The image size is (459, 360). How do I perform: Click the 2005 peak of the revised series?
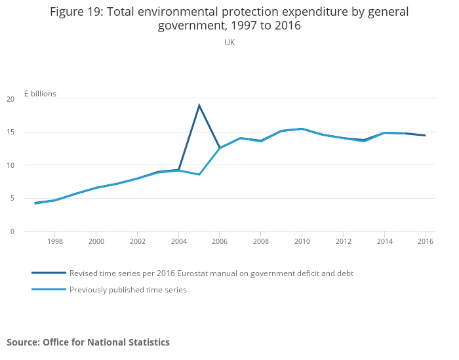tap(199, 106)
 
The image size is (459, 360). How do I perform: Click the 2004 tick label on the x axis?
tap(178, 241)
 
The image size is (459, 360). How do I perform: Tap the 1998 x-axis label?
tap(55, 241)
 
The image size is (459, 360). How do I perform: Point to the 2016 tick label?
tap(425, 241)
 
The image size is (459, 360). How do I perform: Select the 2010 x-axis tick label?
tap(302, 241)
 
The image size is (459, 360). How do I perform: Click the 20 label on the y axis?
tap(10, 99)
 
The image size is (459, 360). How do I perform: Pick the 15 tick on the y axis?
tap(10, 132)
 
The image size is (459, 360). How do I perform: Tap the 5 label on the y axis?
tap(12, 198)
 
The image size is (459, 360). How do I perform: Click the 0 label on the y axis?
tap(12, 231)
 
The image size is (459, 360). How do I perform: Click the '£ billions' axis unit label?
tap(40, 94)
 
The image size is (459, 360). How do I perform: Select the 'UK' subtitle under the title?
tap(229, 43)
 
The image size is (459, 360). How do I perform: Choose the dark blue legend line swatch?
tap(49, 273)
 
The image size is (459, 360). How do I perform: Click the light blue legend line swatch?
tap(49, 290)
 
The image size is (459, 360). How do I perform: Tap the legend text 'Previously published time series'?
tap(128, 290)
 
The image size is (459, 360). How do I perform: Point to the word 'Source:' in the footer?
tap(23, 342)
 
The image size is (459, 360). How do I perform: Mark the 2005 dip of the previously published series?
tap(199, 174)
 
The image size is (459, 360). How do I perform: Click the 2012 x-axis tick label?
tap(343, 241)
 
